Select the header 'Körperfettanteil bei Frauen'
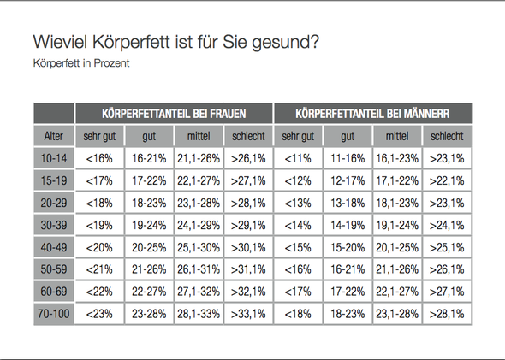(174, 113)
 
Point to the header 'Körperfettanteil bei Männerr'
(371, 113)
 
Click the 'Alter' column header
(54, 136)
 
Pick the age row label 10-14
(54, 158)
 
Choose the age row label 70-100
(54, 314)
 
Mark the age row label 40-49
(54, 247)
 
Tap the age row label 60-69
(54, 292)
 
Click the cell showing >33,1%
(248, 314)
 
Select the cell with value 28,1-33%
(199, 314)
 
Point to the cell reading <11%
(297, 158)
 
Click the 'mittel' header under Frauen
(199, 136)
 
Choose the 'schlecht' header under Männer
(447, 136)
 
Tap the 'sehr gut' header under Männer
(297, 136)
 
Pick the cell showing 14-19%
(347, 225)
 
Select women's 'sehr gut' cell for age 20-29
(99, 203)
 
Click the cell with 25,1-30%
(199, 247)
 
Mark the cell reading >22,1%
(447, 180)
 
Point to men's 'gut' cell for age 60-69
(347, 292)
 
